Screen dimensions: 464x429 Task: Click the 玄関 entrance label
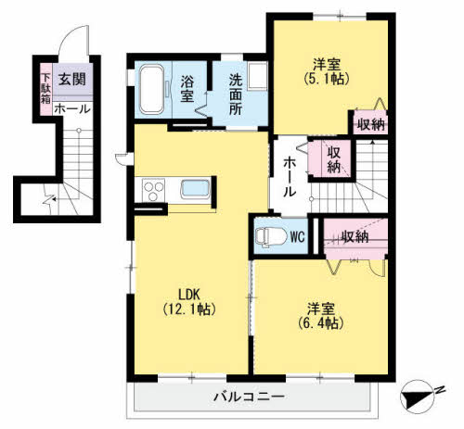tap(72, 80)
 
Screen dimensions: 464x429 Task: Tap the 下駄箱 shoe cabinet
tap(46, 89)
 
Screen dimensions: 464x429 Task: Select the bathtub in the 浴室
tap(151, 90)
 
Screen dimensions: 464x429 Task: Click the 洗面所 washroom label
tap(236, 95)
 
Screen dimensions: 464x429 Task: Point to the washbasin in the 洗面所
tap(257, 76)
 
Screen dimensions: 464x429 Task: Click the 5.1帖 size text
tap(327, 79)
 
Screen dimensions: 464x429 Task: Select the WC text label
tap(298, 237)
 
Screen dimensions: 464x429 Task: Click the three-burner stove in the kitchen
tap(153, 190)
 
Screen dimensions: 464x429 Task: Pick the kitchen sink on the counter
tap(195, 188)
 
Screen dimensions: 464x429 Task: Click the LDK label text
tap(189, 295)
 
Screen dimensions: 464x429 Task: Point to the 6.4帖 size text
tap(321, 323)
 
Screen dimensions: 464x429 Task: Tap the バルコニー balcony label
tap(249, 397)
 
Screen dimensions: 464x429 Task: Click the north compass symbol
tap(419, 396)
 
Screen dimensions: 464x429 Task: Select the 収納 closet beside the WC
tap(355, 238)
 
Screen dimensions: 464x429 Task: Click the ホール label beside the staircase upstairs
tap(290, 177)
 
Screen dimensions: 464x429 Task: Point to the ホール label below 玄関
tap(72, 108)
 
